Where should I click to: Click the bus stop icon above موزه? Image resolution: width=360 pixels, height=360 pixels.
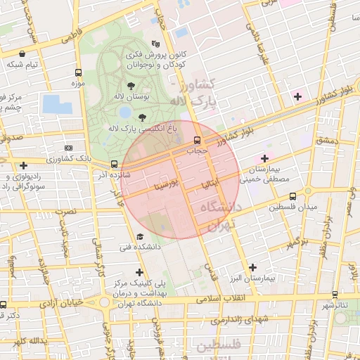(77, 72)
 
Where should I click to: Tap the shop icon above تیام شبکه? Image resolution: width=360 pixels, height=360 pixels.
(22, 53)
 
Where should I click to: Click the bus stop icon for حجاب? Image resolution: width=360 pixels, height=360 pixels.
(197, 140)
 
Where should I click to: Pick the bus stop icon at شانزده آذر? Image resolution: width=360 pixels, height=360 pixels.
(115, 164)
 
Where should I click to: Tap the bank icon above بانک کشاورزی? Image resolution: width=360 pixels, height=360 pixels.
(68, 148)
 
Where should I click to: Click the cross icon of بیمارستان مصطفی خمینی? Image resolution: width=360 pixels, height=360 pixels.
(264, 158)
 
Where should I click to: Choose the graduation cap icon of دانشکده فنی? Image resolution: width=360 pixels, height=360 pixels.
(140, 237)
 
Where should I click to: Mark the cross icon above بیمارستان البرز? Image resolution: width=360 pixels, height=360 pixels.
(253, 267)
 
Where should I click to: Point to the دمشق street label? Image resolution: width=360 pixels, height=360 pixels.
(326, 141)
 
